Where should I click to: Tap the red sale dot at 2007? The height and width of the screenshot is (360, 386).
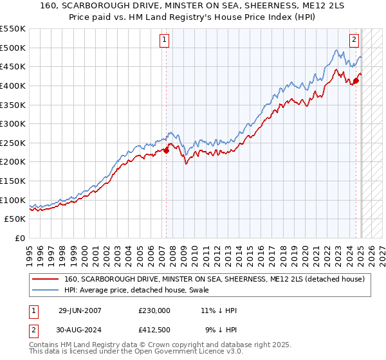click(x=166, y=150)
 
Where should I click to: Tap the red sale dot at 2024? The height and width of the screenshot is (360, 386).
click(x=356, y=81)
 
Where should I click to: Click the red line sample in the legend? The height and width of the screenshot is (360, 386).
click(x=45, y=279)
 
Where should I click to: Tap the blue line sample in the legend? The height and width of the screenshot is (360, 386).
click(x=45, y=289)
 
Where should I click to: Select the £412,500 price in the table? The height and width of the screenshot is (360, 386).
click(x=154, y=330)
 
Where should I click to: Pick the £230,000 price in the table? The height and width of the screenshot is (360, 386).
click(x=154, y=310)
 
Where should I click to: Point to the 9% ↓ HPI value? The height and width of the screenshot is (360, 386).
click(x=221, y=330)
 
